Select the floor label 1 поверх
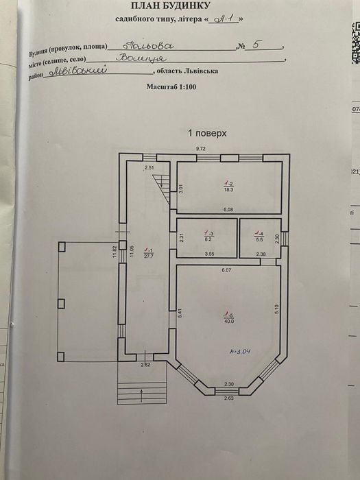pos(207,133)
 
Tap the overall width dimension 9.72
pos(201,149)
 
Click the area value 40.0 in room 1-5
pos(228,320)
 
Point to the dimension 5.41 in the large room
pos(180,312)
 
